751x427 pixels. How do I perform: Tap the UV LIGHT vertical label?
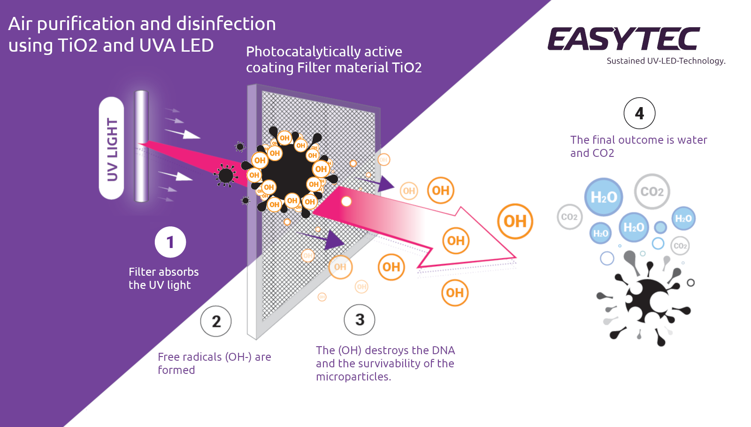112,149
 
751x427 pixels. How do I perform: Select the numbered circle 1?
170,242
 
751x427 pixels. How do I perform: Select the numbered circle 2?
216,321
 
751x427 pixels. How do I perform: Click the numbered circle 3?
360,320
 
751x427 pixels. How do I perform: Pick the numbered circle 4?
639,113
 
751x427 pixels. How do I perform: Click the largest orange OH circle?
515,221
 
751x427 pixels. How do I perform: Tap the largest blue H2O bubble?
604,197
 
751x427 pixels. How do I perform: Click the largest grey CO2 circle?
652,191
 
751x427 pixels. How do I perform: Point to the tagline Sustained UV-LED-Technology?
666,61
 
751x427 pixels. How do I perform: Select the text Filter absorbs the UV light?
163,278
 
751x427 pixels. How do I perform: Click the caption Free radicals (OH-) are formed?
214,363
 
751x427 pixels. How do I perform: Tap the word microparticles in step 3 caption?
353,377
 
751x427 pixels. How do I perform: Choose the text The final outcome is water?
638,140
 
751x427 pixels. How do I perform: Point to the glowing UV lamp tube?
141,146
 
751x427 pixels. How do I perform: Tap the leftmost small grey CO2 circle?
569,217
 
